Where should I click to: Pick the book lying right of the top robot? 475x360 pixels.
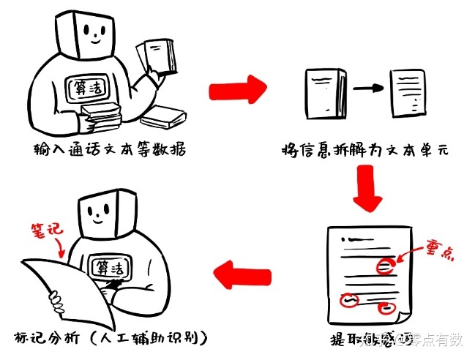point(162,116)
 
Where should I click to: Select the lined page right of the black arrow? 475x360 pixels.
point(408,90)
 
